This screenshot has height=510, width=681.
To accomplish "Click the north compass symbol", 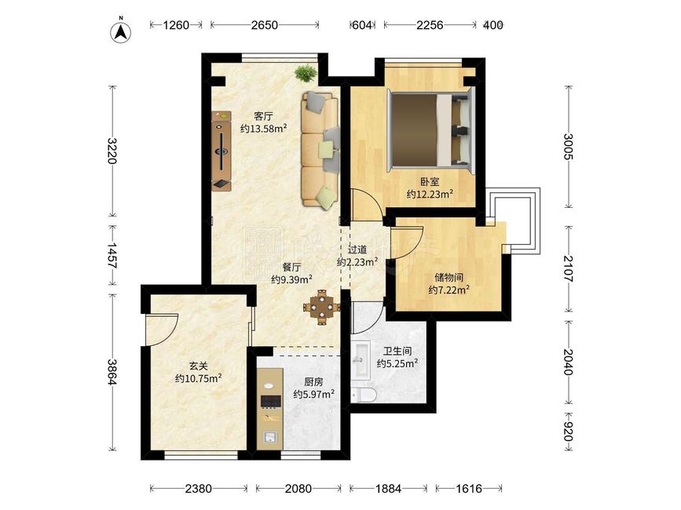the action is tap(121, 31).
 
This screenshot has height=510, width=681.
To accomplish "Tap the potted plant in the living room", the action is tap(306, 72).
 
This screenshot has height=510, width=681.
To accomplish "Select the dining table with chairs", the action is tap(321, 307).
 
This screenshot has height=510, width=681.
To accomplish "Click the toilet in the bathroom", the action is tap(364, 395).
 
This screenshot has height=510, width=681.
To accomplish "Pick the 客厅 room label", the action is tap(264, 116).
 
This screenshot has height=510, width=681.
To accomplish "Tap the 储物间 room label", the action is tap(449, 277).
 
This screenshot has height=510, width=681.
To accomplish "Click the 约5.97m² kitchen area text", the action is tap(313, 394).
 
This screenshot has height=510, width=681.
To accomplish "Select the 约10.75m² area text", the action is tap(199, 379).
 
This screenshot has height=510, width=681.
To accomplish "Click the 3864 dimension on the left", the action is tap(112, 372).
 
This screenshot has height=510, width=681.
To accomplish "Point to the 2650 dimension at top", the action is tap(265, 25).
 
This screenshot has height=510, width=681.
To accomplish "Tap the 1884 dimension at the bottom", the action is tap(388, 489).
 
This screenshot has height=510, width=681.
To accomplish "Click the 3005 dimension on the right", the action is tap(569, 147).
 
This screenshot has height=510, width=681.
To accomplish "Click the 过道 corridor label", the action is tap(358, 250).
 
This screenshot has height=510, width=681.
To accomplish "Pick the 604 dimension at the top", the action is tap(362, 25).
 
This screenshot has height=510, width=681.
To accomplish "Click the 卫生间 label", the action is tap(397, 351).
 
